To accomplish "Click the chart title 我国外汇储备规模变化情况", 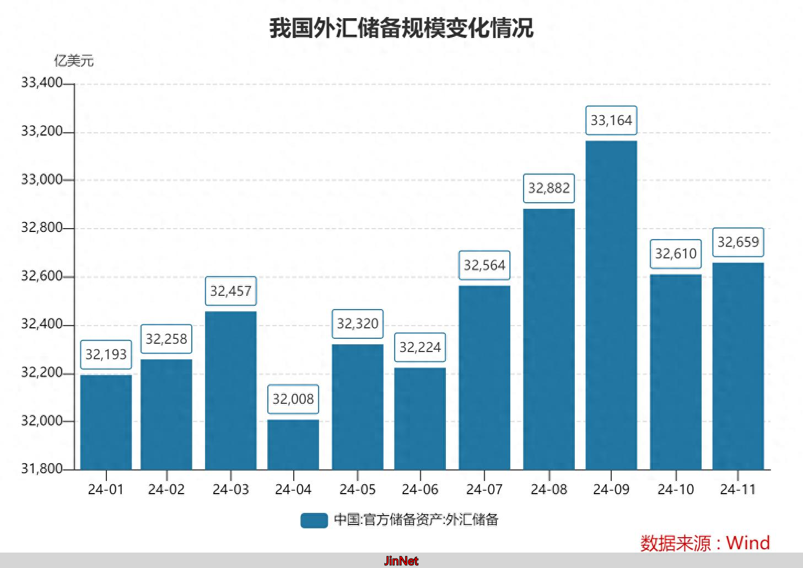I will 401,28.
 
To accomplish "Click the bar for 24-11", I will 738,366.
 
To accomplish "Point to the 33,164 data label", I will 611,120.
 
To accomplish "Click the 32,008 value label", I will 293,399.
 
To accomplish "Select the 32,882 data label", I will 549,188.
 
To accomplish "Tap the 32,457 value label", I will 231,291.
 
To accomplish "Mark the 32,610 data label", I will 676,253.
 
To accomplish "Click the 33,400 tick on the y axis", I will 41,83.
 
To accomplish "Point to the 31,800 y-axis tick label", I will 41,469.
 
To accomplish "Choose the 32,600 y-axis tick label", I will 41,276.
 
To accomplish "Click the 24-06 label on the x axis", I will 420,489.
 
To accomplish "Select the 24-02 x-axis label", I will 166,489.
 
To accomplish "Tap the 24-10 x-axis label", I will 676,489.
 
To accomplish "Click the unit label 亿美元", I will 73,61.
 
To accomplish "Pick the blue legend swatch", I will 314,520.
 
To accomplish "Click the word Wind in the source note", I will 748,543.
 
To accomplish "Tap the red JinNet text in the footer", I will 401,561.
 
